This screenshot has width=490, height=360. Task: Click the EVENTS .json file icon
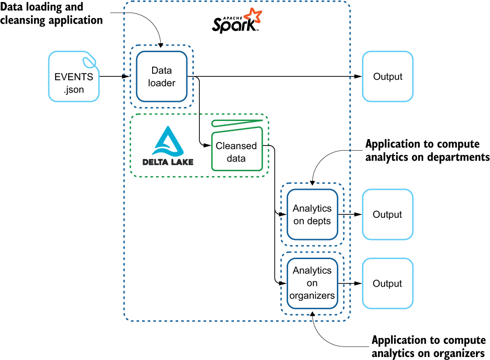(x=74, y=77)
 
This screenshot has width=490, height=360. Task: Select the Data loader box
(x=162, y=76)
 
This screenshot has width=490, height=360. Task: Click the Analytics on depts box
(x=312, y=214)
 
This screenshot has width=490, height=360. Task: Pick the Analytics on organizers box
(x=312, y=283)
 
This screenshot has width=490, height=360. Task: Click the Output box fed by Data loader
(x=388, y=76)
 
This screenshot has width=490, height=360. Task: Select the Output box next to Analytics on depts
(x=388, y=214)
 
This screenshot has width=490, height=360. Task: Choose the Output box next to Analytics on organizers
(x=388, y=283)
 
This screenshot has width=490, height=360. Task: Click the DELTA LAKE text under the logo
(x=168, y=162)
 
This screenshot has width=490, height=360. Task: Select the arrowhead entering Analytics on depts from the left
(x=283, y=214)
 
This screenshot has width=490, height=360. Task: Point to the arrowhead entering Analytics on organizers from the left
(x=283, y=283)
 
